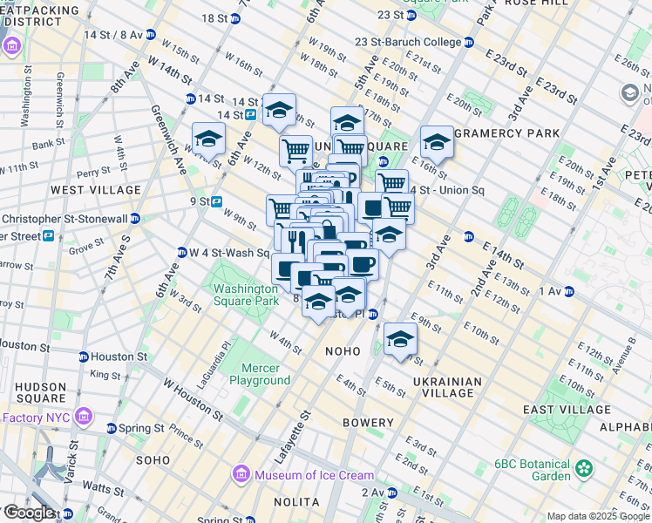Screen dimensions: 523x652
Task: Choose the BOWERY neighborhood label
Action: [x=368, y=423]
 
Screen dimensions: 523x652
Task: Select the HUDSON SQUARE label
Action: [x=34, y=393]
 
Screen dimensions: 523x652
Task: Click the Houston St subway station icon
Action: [x=84, y=357]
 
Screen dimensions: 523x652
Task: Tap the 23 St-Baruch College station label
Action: [x=408, y=42]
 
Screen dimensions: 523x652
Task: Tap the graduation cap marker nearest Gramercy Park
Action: [x=437, y=142]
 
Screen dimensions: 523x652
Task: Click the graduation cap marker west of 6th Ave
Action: [x=208, y=138]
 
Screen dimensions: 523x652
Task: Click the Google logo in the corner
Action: [x=28, y=513]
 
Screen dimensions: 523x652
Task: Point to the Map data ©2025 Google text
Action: [x=597, y=516]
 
